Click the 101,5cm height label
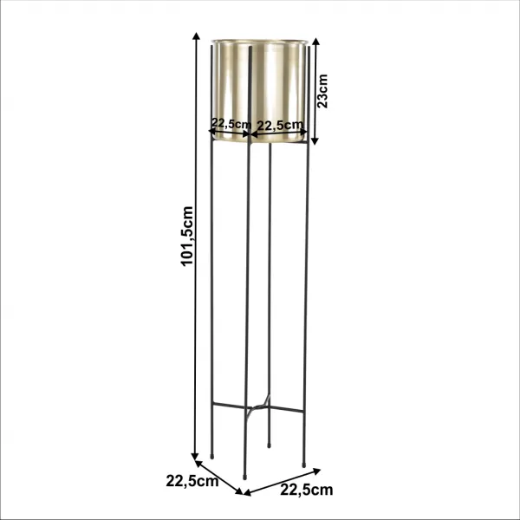(187, 236)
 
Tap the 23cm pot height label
(322, 91)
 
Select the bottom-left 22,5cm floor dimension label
(192, 481)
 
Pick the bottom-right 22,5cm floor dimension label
(307, 490)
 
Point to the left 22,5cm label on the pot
(231, 123)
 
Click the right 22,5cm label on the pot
(280, 125)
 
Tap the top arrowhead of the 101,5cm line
(197, 36)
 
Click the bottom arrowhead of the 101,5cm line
(196, 457)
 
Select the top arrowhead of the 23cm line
(315, 42)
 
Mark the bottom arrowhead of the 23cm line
(315, 141)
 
